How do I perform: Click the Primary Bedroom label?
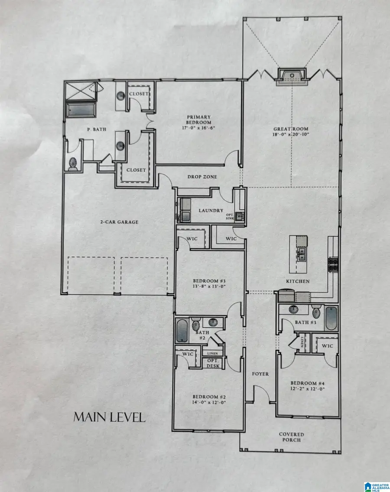(x=198, y=120)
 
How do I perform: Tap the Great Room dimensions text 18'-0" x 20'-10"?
(x=290, y=134)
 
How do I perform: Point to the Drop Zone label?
(x=202, y=177)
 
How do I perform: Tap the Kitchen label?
(x=297, y=282)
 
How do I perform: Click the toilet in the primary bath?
(x=73, y=164)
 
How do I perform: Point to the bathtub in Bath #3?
(x=331, y=318)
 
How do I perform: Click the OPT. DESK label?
(x=213, y=363)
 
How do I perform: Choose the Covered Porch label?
(x=291, y=437)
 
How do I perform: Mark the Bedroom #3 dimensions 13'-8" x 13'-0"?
(x=210, y=286)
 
